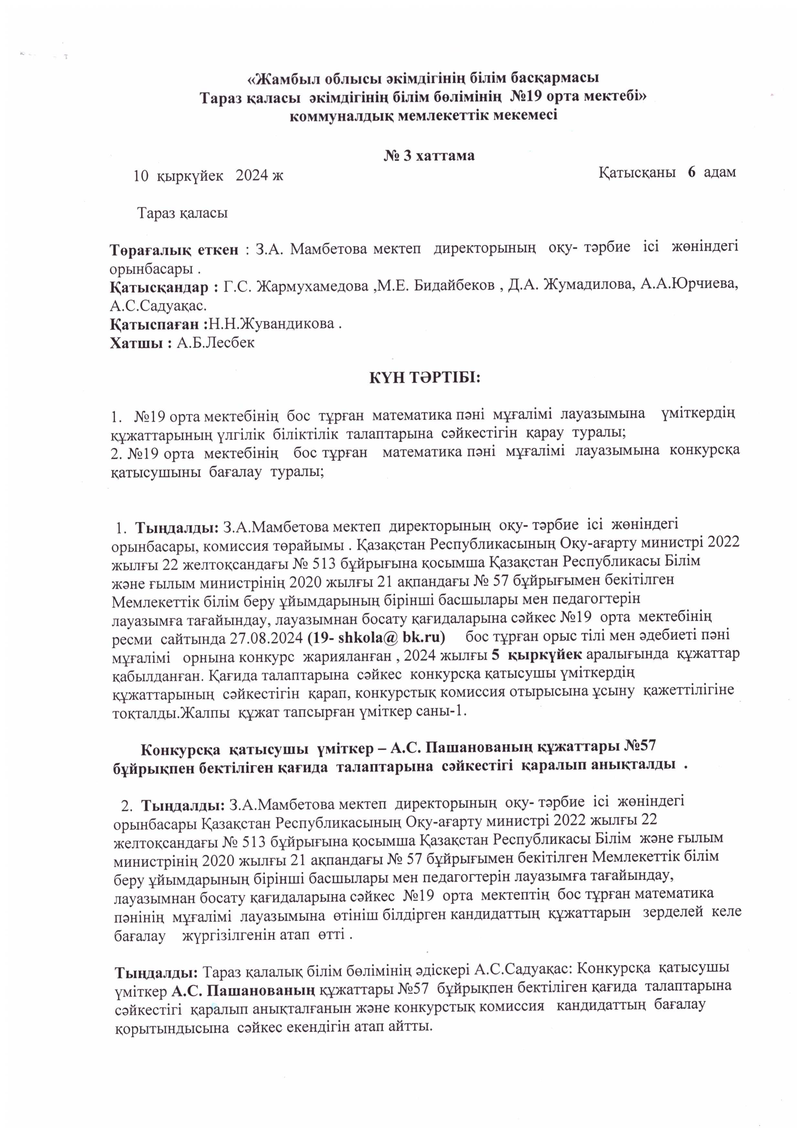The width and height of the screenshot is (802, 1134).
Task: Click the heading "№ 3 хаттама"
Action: pos(429,156)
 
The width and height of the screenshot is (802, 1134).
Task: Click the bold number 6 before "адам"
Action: pos(692,172)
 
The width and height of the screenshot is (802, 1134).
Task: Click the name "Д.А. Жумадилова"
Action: pos(588,286)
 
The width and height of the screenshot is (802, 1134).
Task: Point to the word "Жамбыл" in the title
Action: pos(290,78)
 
